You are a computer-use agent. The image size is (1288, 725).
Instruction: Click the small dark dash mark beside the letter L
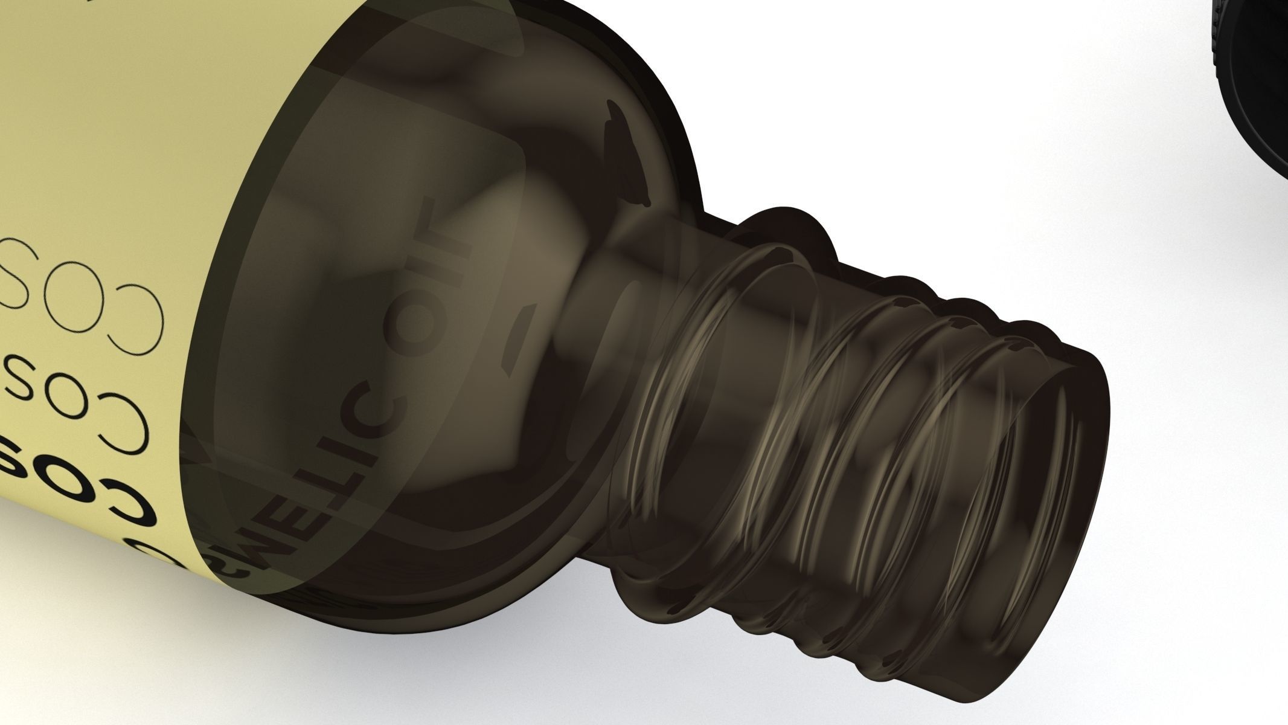pyautogui.click(x=519, y=338)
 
